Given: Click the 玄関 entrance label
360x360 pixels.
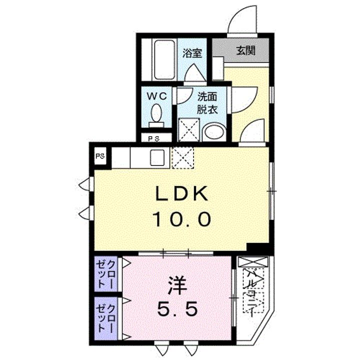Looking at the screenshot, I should [x=245, y=50].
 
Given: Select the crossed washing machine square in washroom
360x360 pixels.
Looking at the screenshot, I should [x=188, y=129].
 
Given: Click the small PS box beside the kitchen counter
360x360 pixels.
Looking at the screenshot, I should [x=101, y=156].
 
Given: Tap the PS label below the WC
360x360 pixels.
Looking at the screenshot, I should [x=154, y=138].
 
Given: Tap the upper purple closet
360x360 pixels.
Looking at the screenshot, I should [x=109, y=274].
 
